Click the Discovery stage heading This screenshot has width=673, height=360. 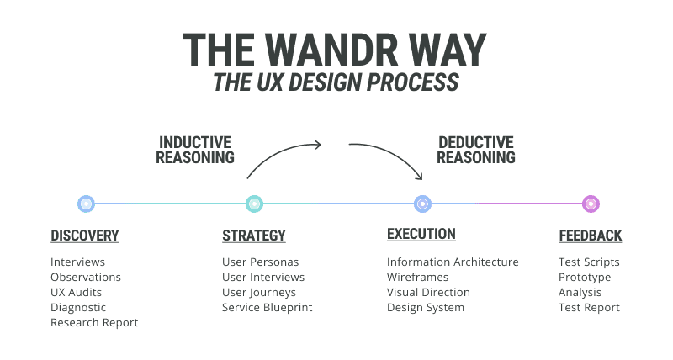pyautogui.click(x=84, y=236)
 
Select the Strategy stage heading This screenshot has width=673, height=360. pyautogui.click(x=253, y=236)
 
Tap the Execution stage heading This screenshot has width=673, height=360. pyautogui.click(x=421, y=234)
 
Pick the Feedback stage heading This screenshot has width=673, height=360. pyautogui.click(x=591, y=236)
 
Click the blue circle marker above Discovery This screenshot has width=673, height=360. pyautogui.click(x=85, y=204)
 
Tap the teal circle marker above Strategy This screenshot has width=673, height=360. pyautogui.click(x=254, y=204)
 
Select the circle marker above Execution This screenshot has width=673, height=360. pyautogui.click(x=422, y=204)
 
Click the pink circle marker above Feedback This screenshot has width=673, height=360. pyautogui.click(x=591, y=204)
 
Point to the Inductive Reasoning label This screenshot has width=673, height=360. pyautogui.click(x=196, y=150)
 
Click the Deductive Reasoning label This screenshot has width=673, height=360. pyautogui.click(x=476, y=150)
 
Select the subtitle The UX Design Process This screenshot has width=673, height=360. pyautogui.click(x=336, y=82)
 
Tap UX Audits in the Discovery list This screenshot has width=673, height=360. pyautogui.click(x=77, y=292)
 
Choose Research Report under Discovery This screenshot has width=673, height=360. pyautogui.click(x=94, y=322)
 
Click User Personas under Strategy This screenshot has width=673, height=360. pyautogui.click(x=260, y=262)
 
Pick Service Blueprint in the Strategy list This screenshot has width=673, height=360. pyautogui.click(x=267, y=307)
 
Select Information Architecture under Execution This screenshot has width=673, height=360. pyautogui.click(x=453, y=262)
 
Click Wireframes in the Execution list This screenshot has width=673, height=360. pyautogui.click(x=417, y=277)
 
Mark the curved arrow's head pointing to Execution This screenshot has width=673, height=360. pyautogui.click(x=418, y=176)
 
